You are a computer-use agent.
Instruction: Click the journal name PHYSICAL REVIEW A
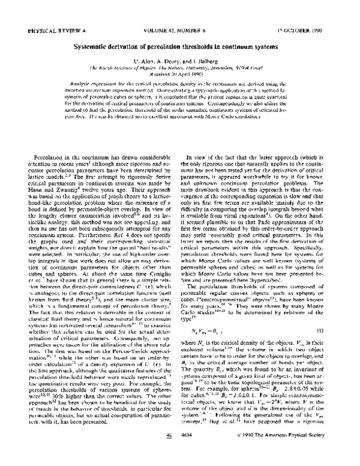(49, 29)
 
